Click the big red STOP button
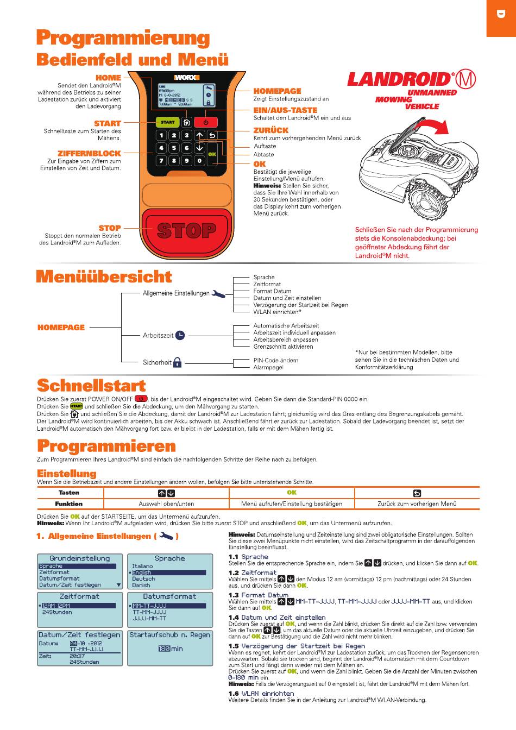pos(187,231)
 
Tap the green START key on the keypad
pos(167,122)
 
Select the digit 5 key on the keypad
pos(174,148)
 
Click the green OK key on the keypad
pos(212,154)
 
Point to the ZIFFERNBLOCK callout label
pos(89,154)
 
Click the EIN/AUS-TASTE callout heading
pos(285,110)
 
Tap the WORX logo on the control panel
pos(186,77)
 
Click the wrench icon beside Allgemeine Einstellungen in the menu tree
pos(218,294)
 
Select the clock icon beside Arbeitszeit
pos(180,336)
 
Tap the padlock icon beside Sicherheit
pos(177,362)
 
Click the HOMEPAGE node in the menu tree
pos(61,328)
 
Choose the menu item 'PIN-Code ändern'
pos(275,360)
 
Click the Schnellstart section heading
pos(91,386)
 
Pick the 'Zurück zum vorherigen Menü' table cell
pos(417,504)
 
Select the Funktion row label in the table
pos(69,504)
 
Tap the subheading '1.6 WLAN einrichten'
pos(261,694)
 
